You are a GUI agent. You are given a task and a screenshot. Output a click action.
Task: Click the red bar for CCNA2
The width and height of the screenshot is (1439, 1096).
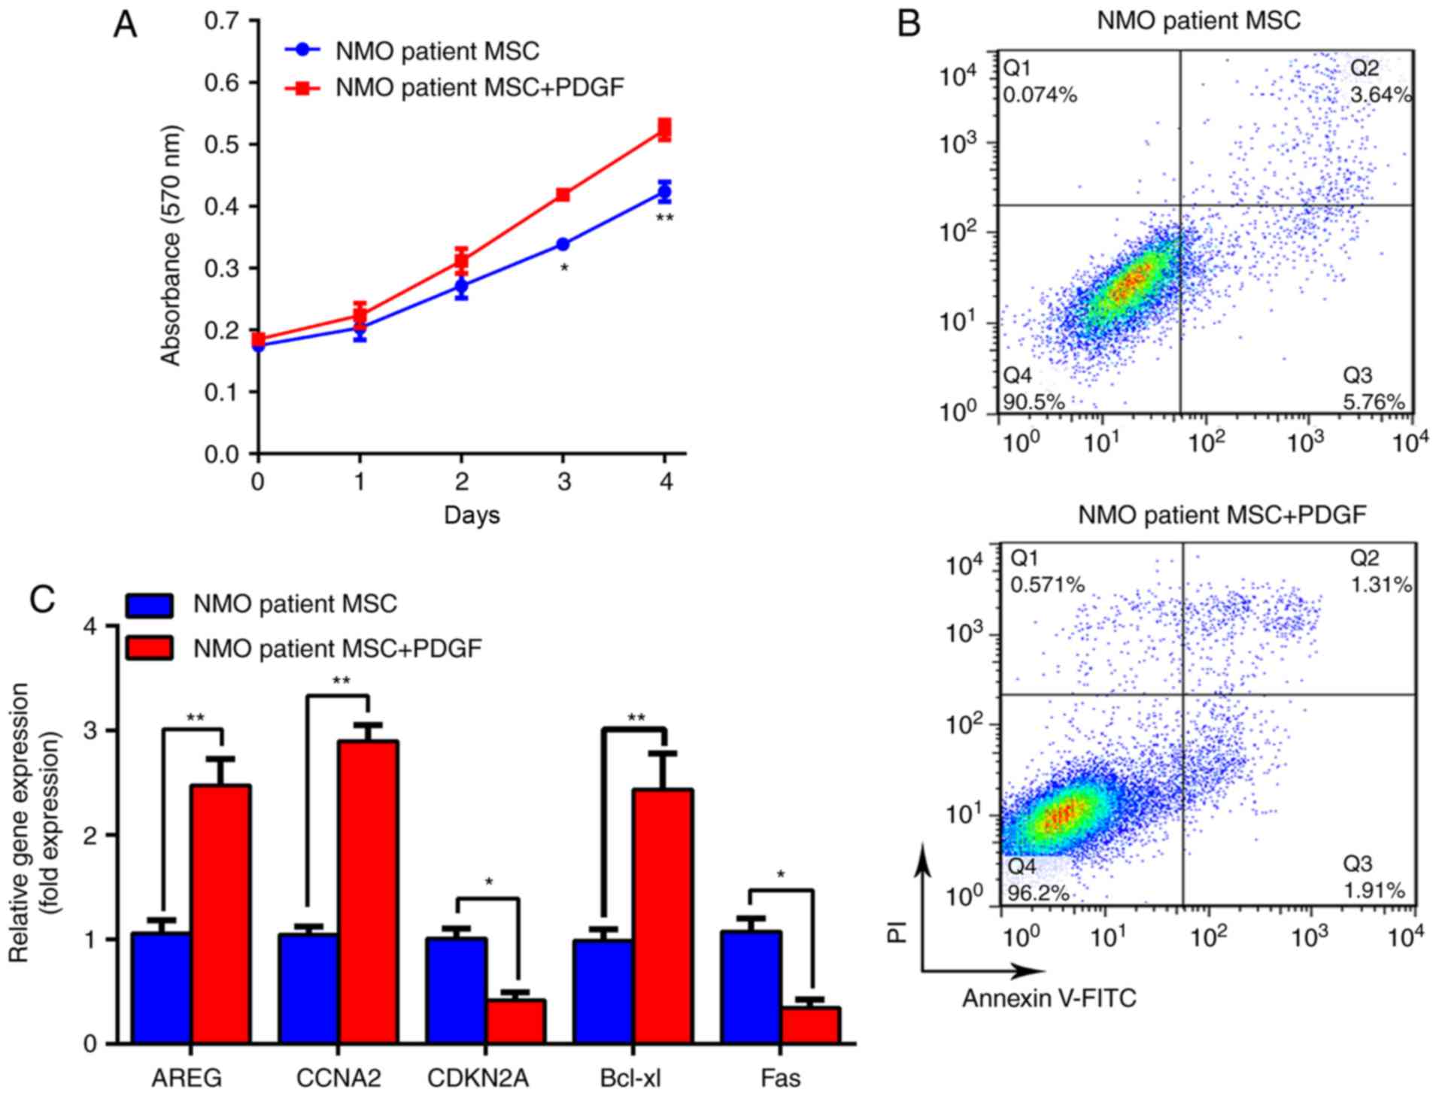(368, 891)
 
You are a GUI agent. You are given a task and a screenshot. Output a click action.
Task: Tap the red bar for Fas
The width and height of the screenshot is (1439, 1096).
(810, 1025)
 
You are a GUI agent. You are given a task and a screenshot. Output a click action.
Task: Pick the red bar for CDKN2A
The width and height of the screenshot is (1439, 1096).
(515, 1021)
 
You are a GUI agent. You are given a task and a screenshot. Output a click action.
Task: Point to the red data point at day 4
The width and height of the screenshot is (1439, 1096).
(664, 129)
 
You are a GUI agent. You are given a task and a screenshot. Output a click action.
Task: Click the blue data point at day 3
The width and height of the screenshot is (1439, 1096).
(563, 244)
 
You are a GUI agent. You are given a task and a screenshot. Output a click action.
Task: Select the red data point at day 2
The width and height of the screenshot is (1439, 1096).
(461, 261)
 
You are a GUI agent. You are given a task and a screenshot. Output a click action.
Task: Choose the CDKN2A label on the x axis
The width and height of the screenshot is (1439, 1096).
(478, 1078)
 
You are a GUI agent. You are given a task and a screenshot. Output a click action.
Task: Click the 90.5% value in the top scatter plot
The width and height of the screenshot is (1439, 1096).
(1034, 402)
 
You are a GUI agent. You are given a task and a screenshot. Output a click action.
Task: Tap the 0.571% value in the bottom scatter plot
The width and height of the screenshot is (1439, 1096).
(1047, 584)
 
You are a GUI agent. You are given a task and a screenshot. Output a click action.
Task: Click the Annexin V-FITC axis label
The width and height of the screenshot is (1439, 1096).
(1049, 997)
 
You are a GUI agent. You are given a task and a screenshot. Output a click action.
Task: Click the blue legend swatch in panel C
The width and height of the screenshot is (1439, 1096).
(150, 605)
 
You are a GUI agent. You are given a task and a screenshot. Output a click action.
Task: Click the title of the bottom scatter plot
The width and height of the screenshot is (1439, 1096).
(1222, 515)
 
